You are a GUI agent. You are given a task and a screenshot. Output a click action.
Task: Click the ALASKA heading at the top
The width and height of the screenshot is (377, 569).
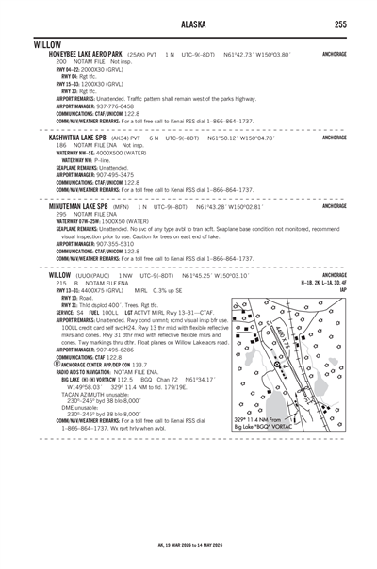pos(188,24)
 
